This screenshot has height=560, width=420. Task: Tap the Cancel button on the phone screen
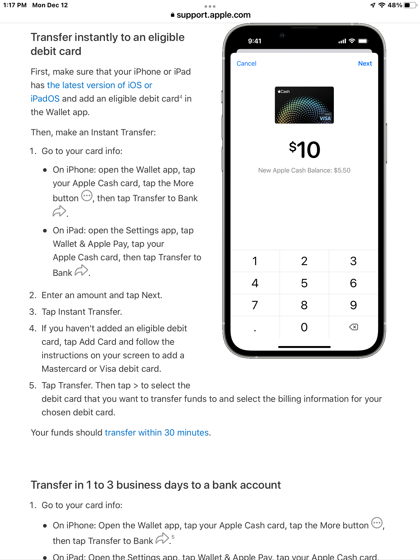point(246,64)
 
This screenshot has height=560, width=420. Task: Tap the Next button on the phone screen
point(365,64)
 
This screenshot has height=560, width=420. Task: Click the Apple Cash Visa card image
point(304,105)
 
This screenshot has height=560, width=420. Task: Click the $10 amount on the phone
point(305,150)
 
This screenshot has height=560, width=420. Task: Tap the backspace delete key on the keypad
point(353,327)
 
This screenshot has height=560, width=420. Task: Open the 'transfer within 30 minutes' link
point(157,432)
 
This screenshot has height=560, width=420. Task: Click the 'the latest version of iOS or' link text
point(100,85)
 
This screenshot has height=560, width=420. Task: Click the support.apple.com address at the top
point(213,15)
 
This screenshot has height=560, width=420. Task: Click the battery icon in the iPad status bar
point(410,5)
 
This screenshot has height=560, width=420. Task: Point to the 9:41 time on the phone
point(255,41)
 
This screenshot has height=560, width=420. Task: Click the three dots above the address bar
point(210,6)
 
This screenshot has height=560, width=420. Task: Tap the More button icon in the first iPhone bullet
point(87,196)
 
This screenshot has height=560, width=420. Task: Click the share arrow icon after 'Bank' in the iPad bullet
point(81,270)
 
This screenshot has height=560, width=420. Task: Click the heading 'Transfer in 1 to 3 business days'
point(156,485)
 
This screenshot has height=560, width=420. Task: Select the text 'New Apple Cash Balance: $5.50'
point(304,170)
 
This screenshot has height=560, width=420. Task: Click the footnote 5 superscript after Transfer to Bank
point(173,537)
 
